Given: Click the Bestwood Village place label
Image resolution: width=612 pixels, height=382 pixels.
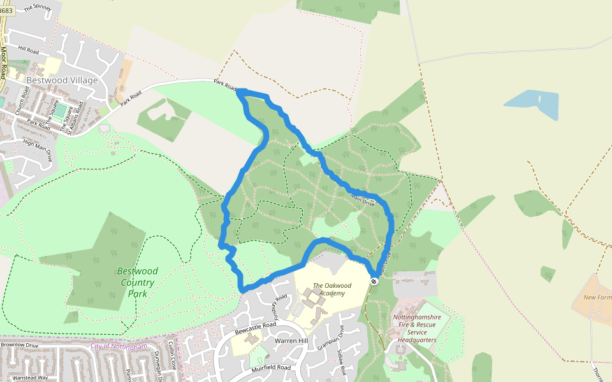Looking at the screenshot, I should (x=62, y=80).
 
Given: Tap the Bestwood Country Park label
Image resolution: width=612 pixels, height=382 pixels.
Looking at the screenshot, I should (x=136, y=282).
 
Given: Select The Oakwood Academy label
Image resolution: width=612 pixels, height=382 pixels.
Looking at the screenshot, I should (x=329, y=289).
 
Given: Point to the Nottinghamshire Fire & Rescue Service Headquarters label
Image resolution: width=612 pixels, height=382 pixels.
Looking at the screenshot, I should (x=418, y=328).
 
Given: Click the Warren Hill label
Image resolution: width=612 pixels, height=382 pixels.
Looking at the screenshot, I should (x=291, y=341).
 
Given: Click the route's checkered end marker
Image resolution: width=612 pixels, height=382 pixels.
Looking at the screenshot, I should (x=374, y=281).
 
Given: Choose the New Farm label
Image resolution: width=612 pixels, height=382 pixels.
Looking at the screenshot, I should (x=598, y=297).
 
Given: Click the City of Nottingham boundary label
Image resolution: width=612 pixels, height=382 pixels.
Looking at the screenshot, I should (x=119, y=346).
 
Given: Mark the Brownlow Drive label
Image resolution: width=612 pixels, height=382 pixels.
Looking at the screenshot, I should (x=20, y=345).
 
